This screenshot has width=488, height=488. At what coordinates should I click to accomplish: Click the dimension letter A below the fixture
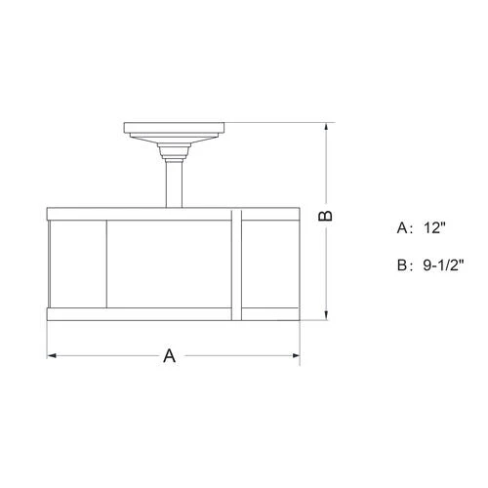[169, 355]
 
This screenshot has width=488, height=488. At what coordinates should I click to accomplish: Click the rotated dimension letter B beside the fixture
[325, 216]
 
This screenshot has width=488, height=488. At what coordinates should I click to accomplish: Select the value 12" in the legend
[434, 227]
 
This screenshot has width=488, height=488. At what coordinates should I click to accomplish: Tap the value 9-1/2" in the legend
[443, 265]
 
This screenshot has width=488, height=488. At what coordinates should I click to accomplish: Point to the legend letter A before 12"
[402, 227]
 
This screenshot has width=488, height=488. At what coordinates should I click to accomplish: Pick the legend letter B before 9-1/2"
[402, 265]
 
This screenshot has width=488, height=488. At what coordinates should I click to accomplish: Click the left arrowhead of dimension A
[52, 355]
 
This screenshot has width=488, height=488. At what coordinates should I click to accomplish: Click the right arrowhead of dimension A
[296, 355]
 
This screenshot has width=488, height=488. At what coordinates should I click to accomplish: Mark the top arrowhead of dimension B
[326, 128]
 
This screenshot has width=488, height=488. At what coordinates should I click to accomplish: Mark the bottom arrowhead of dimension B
[326, 315]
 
